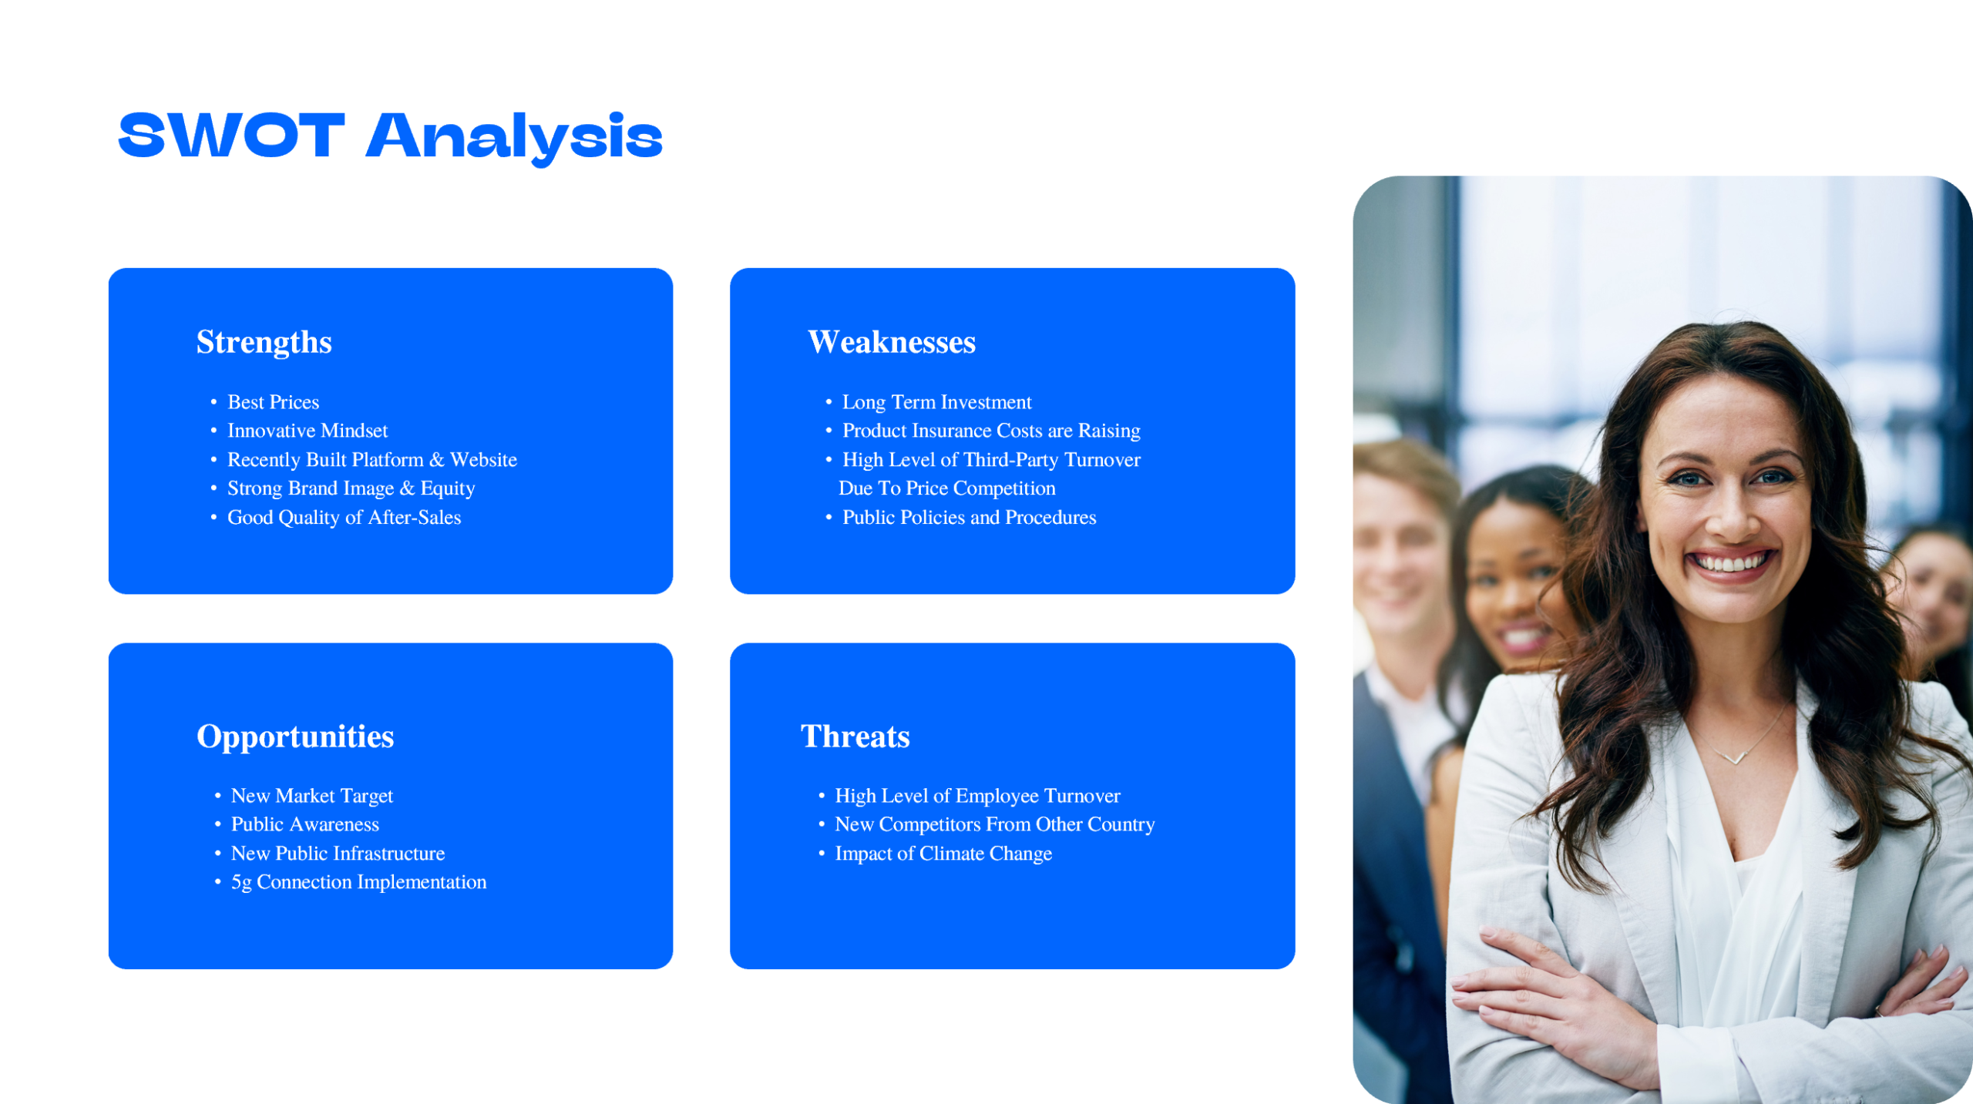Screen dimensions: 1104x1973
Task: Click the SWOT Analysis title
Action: [x=390, y=136]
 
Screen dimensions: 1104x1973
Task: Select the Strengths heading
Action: [x=264, y=342]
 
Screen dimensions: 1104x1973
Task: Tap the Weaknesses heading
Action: [x=891, y=342]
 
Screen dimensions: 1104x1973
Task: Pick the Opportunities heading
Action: [x=295, y=737]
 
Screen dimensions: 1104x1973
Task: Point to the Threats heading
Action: [x=855, y=737]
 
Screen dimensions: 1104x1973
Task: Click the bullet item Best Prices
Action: [x=273, y=402]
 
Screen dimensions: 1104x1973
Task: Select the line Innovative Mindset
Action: [x=308, y=431]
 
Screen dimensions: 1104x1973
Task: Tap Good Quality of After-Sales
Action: [x=344, y=518]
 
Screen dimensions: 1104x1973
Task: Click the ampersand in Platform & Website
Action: [x=437, y=460]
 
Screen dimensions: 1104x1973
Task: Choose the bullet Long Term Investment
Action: [x=936, y=402]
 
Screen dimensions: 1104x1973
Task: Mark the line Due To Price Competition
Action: [x=946, y=488]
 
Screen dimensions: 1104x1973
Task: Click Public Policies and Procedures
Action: [x=969, y=518]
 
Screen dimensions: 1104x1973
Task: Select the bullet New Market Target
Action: [x=311, y=796]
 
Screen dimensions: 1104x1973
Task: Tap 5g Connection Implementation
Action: [x=358, y=882]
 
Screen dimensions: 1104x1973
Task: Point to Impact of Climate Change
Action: [x=943, y=854]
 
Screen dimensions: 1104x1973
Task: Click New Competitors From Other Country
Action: [x=994, y=824]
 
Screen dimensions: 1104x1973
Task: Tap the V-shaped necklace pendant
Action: [x=1735, y=760]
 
